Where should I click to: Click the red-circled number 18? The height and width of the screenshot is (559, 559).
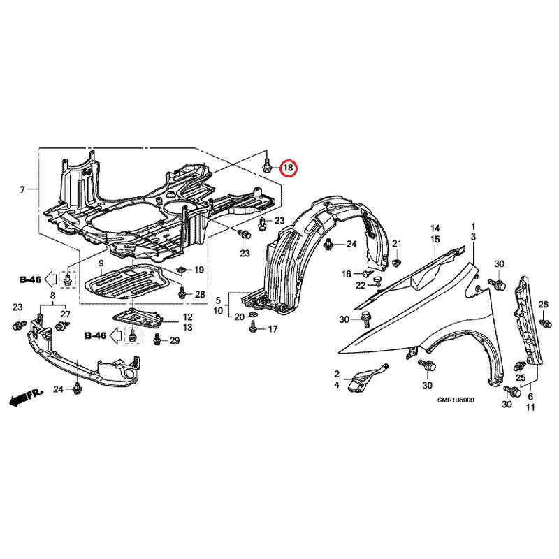tap(288, 167)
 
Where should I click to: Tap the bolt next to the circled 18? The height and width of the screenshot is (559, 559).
tap(266, 166)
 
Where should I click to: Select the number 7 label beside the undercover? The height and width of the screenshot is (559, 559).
tap(22, 189)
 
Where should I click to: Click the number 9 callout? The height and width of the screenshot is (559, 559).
tap(101, 264)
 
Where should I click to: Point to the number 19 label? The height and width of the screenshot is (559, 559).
tap(199, 270)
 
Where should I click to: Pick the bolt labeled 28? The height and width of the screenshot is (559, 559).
tap(182, 293)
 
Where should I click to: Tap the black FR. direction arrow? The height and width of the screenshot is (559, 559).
tap(26, 396)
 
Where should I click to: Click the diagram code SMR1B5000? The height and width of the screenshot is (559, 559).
tap(456, 400)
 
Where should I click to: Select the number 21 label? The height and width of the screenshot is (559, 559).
tap(397, 244)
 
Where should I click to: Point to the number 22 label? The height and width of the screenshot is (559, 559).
tap(361, 286)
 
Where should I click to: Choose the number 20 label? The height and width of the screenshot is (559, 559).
tap(239, 317)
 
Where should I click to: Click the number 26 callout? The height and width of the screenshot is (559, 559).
tap(543, 305)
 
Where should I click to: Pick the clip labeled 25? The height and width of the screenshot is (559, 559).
tap(520, 365)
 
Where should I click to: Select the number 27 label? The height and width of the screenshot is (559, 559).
tap(65, 314)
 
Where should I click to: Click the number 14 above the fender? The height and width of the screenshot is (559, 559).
tap(435, 228)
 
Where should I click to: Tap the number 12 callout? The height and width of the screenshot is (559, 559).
tap(187, 317)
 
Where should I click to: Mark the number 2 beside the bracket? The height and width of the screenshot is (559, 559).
tap(337, 374)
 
